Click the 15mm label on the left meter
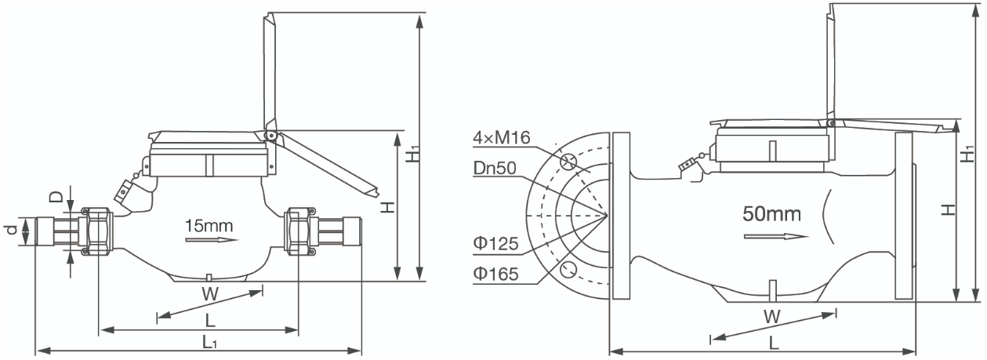tap(209, 226)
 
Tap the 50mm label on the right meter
tap(771, 213)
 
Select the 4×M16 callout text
tap(502, 138)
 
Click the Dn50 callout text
tap(495, 168)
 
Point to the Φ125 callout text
tap(495, 244)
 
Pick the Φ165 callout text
tap(495, 274)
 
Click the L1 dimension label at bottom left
tap(209, 341)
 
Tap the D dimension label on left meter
tap(56, 197)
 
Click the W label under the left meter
tap(210, 294)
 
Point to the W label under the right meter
tap(772, 317)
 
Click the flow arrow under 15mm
tap(212, 240)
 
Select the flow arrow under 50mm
tap(776, 237)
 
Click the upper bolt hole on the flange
tap(568, 162)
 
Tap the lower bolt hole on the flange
tap(568, 268)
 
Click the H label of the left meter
tap(388, 206)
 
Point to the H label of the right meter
tap(949, 209)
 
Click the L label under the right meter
tap(774, 344)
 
